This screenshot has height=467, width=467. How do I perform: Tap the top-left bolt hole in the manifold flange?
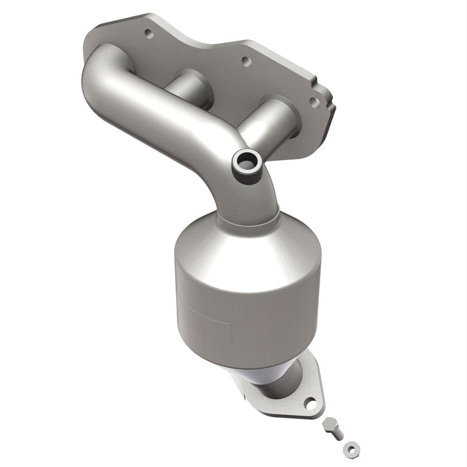(148, 34)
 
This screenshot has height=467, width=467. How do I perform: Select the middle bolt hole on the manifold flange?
(246, 62)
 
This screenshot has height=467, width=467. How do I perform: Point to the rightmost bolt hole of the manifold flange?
(313, 102)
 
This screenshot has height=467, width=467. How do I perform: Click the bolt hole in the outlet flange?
(310, 402)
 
